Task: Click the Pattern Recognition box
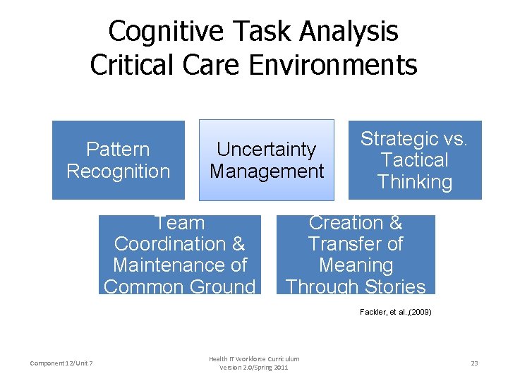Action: pos(119,160)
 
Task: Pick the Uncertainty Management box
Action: pos(267,160)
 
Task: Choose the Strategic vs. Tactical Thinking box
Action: pos(414,160)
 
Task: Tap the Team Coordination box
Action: pos(179,255)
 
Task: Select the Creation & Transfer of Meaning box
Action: pos(356,255)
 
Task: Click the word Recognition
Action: pos(119,171)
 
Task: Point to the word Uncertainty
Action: pos(267,150)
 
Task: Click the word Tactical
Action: pos(414,160)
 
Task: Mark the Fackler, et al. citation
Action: pos(395,311)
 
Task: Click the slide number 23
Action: pos(474,363)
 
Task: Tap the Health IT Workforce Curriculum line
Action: pos(254,358)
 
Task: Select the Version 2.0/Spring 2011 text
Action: pos(254,368)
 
